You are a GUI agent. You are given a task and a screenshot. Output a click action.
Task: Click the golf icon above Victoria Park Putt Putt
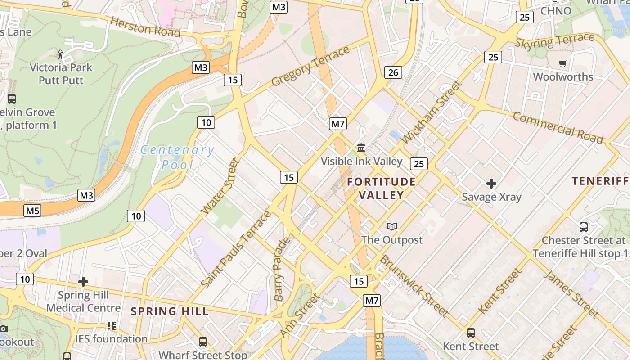click(61, 54)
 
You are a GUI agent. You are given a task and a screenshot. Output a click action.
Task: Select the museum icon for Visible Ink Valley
click(361, 148)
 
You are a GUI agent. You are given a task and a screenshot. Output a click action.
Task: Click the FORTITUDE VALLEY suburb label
click(381, 188)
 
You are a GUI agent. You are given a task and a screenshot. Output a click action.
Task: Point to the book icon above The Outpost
click(392, 226)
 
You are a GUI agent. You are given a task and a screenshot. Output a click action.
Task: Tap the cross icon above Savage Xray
click(491, 184)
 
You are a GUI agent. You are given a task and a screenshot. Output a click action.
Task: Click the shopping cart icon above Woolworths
click(562, 63)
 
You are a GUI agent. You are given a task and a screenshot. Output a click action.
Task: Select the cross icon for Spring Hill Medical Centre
click(83, 282)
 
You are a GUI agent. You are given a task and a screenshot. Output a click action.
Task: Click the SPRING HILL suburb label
click(170, 311)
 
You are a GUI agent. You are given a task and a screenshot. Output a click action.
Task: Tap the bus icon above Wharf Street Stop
click(203, 342)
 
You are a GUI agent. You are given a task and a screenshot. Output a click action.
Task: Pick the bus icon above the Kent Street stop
click(471, 333)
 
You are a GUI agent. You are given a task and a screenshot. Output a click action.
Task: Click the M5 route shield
click(33, 210)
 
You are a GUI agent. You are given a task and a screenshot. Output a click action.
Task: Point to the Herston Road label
click(145, 27)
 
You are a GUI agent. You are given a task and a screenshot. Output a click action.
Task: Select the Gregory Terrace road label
click(310, 66)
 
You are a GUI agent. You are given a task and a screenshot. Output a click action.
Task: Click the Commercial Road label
click(558, 128)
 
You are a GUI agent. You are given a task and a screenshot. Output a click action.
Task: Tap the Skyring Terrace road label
click(554, 41)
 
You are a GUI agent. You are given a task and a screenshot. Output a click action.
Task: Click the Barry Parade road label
click(282, 269)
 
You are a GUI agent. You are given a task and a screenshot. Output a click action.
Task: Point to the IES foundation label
click(111, 339)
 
